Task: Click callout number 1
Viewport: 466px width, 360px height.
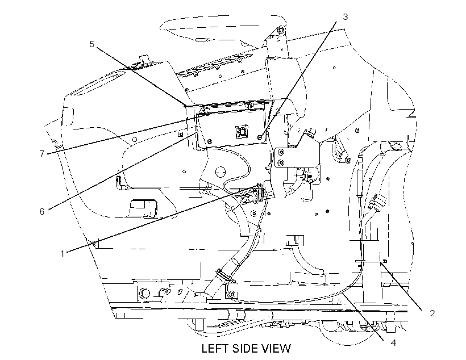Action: tap(63, 254)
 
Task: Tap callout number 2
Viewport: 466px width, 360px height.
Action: tap(432, 313)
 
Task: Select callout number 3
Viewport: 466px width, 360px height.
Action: tap(345, 17)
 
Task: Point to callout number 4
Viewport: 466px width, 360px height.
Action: tap(393, 343)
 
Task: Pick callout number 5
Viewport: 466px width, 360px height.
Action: tap(92, 44)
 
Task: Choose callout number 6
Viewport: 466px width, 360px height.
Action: tap(42, 211)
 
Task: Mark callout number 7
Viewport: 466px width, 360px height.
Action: tap(42, 153)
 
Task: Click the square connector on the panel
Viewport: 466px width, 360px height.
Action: tap(242, 131)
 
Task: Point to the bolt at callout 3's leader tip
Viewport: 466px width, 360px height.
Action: tap(260, 137)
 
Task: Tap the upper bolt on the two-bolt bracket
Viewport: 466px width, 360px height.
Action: tap(281, 152)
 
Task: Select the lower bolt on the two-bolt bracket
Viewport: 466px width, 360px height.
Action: tap(281, 162)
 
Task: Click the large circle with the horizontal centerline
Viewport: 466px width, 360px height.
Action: tap(220, 172)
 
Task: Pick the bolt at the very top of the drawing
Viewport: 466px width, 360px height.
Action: tap(280, 30)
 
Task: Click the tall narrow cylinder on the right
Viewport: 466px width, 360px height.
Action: tap(360, 183)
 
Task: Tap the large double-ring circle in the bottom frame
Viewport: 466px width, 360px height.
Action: tap(145, 294)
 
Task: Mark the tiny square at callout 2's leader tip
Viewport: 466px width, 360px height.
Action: tap(385, 261)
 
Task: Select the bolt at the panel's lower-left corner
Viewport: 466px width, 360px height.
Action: tap(210, 141)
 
